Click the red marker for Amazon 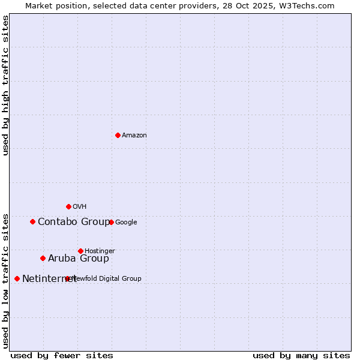[118, 135]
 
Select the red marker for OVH [68, 206]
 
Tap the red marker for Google [111, 222]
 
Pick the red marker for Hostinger [80, 251]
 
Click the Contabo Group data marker [32, 221]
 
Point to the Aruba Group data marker [43, 258]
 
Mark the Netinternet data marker [17, 278]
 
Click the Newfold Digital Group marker [67, 278]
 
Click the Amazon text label [134, 136]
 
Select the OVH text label [80, 207]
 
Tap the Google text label [126, 223]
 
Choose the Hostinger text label [100, 251]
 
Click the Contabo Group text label [74, 222]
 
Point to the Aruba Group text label [79, 259]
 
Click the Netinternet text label [49, 279]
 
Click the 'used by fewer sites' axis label [62, 355]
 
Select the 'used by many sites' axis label [301, 355]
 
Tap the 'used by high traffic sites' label [6, 85]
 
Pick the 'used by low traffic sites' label [6, 280]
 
